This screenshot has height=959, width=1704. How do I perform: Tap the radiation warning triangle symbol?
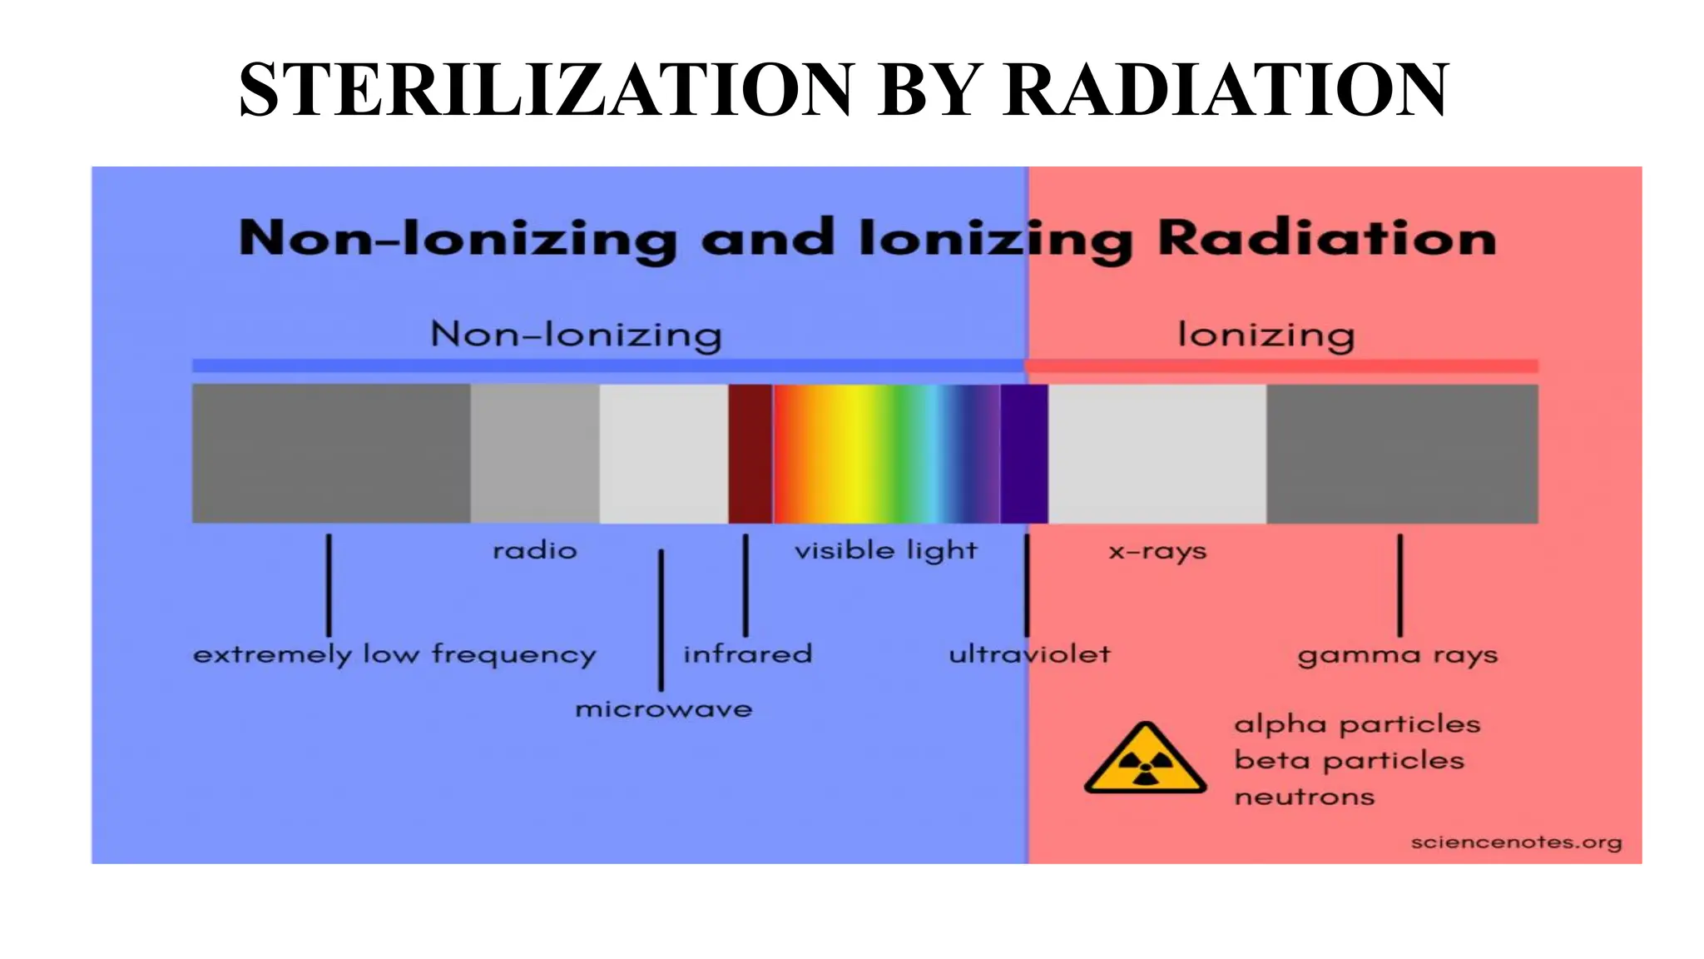coord(1145,760)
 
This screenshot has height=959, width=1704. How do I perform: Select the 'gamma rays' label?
coord(1397,655)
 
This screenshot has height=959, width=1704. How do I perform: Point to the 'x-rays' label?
coord(1157,551)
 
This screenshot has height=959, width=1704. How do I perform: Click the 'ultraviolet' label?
coord(1029,654)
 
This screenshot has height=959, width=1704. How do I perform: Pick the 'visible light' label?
coord(885,551)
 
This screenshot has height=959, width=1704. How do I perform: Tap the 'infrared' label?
coord(747,654)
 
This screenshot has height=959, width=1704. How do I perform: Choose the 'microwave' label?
coord(663,709)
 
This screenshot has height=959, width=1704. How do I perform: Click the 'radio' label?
coord(534,551)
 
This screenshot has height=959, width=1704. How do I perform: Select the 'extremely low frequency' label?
coord(394,655)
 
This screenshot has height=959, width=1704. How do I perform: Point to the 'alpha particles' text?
coord(1357,724)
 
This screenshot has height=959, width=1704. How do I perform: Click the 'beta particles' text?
coord(1349,761)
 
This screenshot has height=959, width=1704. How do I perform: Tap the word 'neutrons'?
coord(1304,798)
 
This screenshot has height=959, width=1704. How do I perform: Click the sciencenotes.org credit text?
coord(1516,842)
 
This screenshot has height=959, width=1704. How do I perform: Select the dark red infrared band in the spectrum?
coord(750,454)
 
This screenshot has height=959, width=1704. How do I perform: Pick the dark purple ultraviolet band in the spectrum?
coord(1023,454)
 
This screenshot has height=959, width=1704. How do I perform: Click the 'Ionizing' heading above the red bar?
coord(1266,335)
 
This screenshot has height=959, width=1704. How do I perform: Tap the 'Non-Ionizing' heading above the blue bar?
coord(576,335)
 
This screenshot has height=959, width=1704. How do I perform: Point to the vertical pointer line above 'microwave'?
coord(661,619)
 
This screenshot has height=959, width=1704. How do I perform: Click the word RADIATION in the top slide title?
coord(1226,89)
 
